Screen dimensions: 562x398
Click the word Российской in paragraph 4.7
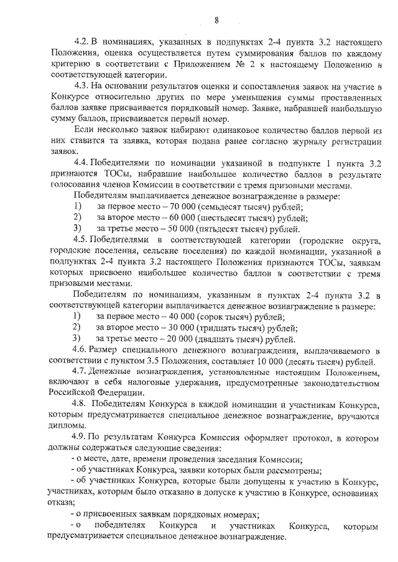(x=72, y=393)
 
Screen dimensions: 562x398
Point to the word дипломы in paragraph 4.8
(x=65, y=426)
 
